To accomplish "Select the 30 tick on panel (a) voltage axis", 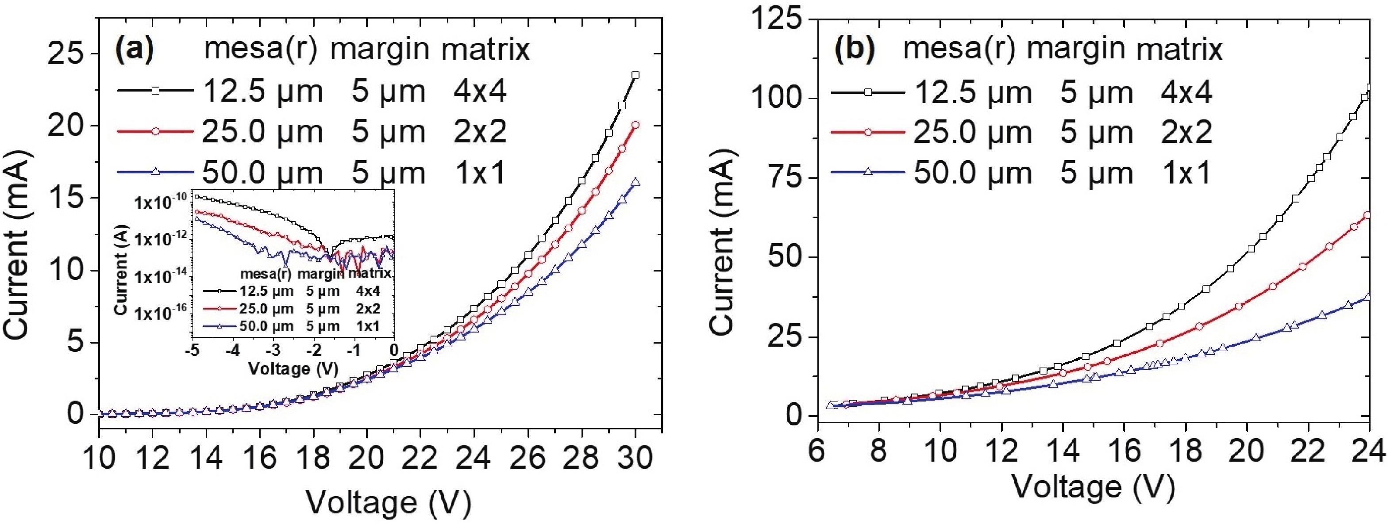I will click(635, 459).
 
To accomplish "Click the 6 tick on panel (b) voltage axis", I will click(816, 450).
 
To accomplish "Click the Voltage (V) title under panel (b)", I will click(1093, 487).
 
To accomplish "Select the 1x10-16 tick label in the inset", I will click(161, 313).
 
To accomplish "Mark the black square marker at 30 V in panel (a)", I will click(635, 75).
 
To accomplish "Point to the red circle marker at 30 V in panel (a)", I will click(635, 125).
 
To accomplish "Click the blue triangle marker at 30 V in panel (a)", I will click(635, 182).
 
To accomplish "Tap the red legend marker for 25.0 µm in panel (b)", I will click(868, 132).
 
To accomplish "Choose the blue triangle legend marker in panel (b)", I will click(868, 172).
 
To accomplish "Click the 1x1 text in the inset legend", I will click(368, 326).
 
